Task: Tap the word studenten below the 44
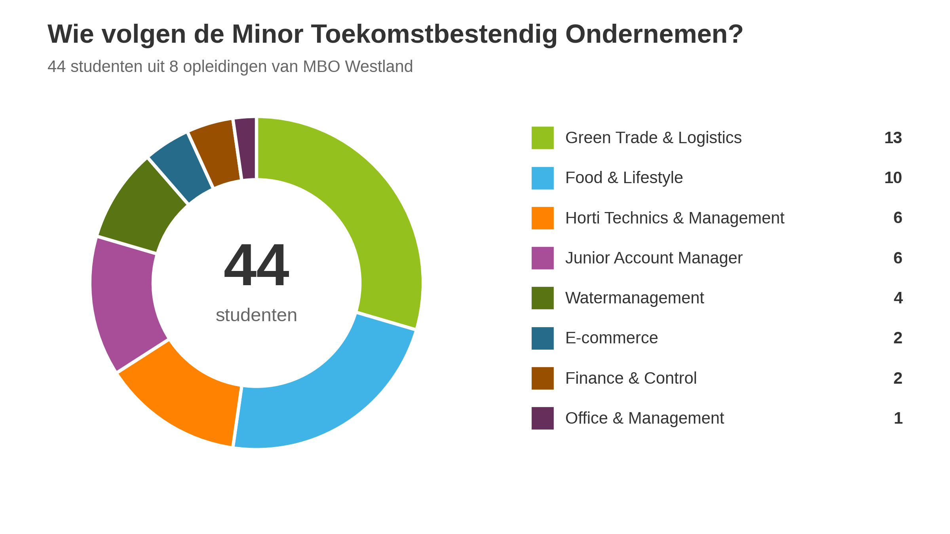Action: point(256,315)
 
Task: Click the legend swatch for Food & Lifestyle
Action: point(543,178)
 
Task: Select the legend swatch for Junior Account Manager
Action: point(543,258)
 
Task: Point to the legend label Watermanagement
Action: point(635,298)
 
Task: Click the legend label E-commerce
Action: point(612,338)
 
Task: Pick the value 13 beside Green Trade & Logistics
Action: point(893,138)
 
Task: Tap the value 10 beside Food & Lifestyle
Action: point(893,178)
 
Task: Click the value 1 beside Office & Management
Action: point(898,418)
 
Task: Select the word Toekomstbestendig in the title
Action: point(434,34)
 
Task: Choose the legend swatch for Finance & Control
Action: point(543,378)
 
